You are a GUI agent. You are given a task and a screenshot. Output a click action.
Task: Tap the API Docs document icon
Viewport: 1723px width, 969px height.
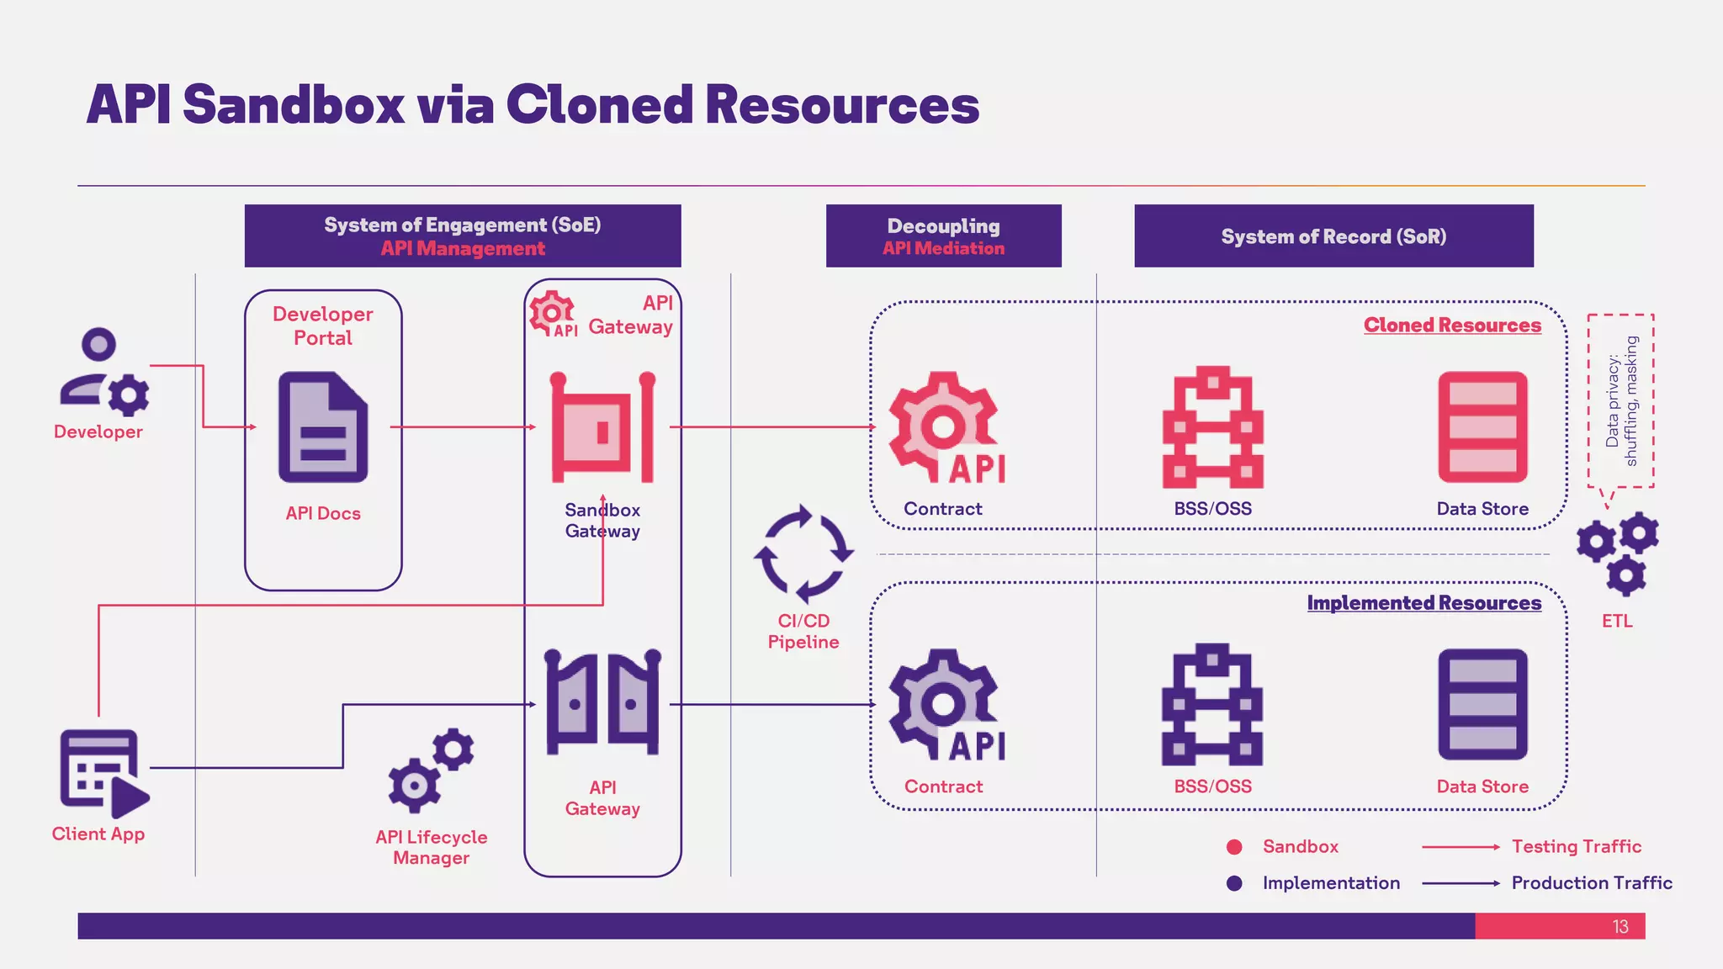tap(323, 427)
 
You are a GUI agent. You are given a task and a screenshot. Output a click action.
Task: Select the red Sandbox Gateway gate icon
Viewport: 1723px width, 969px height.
tap(602, 427)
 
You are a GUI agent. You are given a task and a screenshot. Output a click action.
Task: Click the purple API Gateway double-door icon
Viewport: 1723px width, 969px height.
tap(602, 702)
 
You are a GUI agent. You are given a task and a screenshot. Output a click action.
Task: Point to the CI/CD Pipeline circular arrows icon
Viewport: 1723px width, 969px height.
tap(803, 553)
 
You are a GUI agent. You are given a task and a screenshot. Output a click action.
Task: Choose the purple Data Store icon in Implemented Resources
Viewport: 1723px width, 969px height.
tap(1482, 704)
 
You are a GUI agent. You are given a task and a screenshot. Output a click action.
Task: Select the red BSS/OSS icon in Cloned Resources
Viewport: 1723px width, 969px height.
tap(1212, 427)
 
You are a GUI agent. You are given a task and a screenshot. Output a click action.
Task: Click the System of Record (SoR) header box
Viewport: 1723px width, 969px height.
tap(1333, 236)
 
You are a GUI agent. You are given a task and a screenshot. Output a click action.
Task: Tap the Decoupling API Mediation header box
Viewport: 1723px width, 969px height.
tap(943, 236)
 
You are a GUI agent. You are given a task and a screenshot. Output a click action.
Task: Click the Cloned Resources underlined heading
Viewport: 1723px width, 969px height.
tap(1452, 326)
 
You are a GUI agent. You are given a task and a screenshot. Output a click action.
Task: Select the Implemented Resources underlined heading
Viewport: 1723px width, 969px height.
tap(1423, 603)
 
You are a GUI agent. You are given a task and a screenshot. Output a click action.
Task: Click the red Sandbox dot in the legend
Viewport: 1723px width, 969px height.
tap(1234, 847)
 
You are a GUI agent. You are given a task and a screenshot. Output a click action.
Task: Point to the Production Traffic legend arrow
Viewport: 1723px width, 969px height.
tap(1461, 883)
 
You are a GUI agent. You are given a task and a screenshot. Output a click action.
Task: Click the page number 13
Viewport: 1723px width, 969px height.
tap(1620, 926)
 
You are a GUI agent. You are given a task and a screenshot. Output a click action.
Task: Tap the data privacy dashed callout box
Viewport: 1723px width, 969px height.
tap(1620, 400)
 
